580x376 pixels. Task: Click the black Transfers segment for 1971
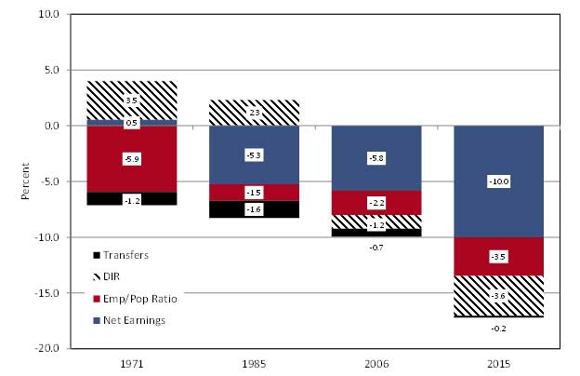(132, 198)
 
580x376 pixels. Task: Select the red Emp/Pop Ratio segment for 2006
(376, 203)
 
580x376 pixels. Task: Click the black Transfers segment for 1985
(254, 209)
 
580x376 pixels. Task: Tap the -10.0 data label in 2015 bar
(498, 181)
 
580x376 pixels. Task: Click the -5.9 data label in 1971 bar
(132, 159)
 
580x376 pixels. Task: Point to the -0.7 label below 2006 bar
(376, 248)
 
